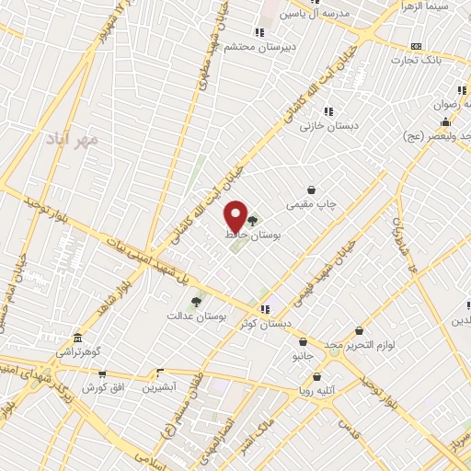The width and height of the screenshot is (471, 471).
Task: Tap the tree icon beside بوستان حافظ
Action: click(252, 221)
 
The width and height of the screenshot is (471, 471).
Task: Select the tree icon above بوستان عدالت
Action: click(195, 301)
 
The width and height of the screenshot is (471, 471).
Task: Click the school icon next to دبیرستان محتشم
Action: click(247, 33)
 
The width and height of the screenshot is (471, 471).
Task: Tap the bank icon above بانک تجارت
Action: click(416, 46)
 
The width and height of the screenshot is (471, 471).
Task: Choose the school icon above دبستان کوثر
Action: click(266, 309)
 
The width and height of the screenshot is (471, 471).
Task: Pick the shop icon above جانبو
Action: click(303, 341)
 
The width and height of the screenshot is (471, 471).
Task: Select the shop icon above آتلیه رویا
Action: click(317, 375)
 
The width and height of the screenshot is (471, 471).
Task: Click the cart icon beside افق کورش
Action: click(102, 374)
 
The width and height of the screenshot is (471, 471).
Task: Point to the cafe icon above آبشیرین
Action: click(159, 373)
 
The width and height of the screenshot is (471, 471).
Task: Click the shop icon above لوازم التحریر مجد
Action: click(359, 331)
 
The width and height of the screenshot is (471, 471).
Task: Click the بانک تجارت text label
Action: click(419, 60)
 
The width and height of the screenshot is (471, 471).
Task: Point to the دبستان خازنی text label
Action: click(328, 125)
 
